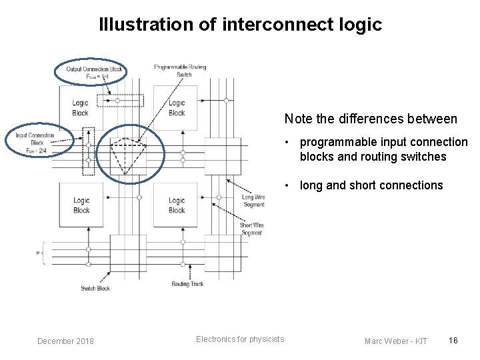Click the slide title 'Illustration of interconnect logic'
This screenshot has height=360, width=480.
pyautogui.click(x=240, y=25)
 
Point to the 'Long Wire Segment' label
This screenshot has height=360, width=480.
pyautogui.click(x=253, y=200)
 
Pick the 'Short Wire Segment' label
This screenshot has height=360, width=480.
pyautogui.click(x=251, y=229)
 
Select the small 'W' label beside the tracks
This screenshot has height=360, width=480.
pyautogui.click(x=39, y=253)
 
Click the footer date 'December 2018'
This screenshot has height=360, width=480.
pyautogui.click(x=65, y=341)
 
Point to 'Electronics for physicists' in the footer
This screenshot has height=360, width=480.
pyautogui.click(x=240, y=339)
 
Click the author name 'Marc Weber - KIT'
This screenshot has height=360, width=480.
pyautogui.click(x=397, y=341)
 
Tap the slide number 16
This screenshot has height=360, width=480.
pyautogui.click(x=453, y=341)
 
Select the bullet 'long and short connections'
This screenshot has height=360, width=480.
pyautogui.click(x=371, y=185)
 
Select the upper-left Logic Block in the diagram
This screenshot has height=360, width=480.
pyautogui.click(x=80, y=107)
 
